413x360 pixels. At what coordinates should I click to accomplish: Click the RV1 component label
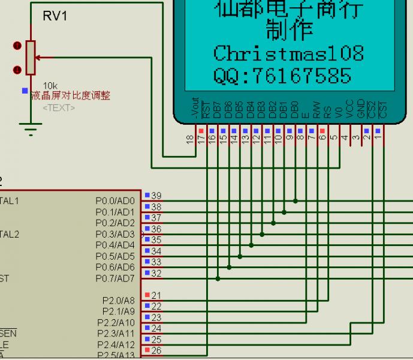pos(55,16)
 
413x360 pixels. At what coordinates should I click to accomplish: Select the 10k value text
pos(50,86)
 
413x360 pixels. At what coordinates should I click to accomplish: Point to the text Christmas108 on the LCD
pos(288,53)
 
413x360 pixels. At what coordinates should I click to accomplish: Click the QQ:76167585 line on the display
pos(282,76)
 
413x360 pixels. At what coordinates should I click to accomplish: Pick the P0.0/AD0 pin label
pos(115,200)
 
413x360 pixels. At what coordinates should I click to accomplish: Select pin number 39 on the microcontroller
pos(156,196)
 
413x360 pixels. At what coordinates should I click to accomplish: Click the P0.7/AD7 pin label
pos(115,278)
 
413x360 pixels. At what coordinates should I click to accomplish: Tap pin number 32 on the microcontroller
pos(156,274)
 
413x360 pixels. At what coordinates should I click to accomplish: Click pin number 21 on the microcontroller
pos(156,295)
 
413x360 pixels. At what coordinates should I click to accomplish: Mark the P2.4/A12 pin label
pos(116,344)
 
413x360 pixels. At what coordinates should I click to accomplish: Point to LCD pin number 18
pos(191,140)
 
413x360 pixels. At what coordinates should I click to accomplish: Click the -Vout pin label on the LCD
pos(195,107)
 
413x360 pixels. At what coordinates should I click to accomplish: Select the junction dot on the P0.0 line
pos(295,201)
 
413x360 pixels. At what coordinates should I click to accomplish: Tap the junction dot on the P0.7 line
pos(218,278)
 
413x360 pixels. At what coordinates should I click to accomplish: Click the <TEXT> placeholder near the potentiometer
pos(59,108)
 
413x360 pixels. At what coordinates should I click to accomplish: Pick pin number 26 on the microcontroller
pos(156,350)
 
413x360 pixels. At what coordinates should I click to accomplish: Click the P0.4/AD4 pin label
pos(115,245)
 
